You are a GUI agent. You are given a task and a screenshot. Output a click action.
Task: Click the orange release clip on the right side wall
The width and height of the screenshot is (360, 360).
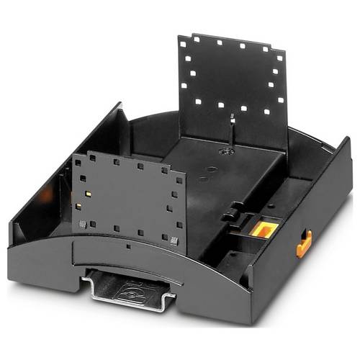coord(304,243)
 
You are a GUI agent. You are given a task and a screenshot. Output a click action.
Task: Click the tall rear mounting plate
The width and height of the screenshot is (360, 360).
coord(231,86)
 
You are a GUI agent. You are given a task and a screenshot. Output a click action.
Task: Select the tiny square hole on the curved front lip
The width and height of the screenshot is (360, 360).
coord(127,246)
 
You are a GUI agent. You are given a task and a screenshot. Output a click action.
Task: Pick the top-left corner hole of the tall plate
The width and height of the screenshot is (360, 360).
coord(185,43)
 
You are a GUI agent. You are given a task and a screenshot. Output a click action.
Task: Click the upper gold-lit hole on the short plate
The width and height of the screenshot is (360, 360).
coord(86,194)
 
